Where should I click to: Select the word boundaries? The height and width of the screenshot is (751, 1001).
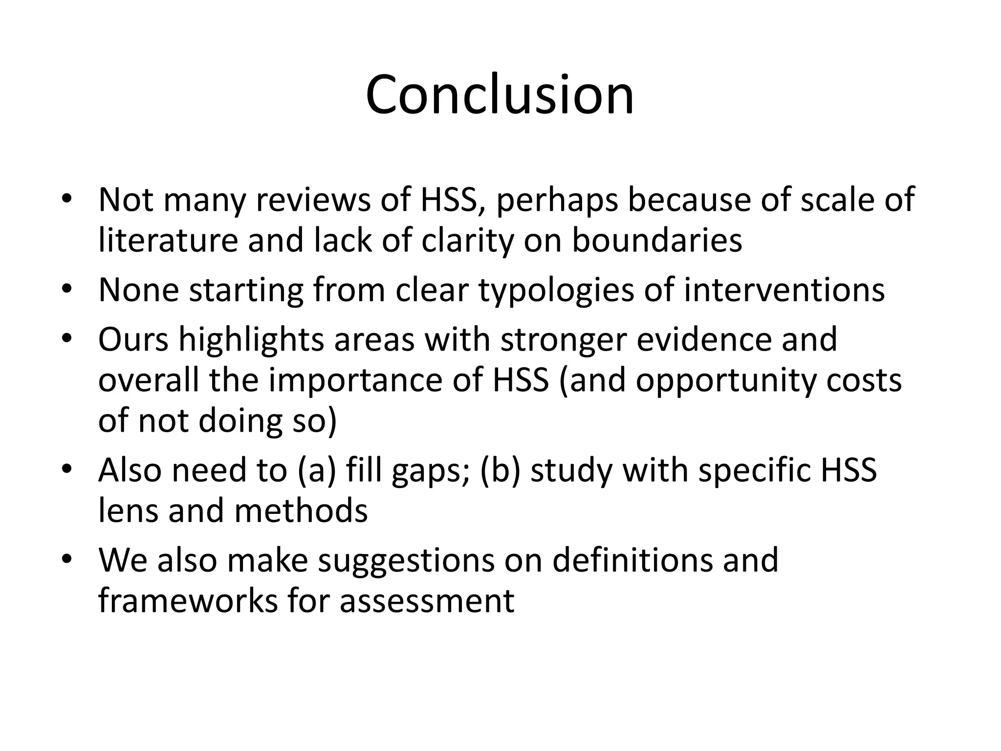click(x=657, y=240)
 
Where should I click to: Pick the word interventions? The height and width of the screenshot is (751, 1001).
click(x=784, y=290)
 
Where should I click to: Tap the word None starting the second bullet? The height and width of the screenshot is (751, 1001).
click(x=138, y=290)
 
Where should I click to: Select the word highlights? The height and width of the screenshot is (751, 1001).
click(x=251, y=339)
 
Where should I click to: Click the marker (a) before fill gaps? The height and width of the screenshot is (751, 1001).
click(x=316, y=470)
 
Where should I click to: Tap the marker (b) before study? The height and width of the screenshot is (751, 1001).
click(x=500, y=470)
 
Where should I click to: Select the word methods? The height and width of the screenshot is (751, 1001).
click(x=301, y=510)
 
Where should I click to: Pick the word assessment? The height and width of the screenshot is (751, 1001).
click(x=427, y=600)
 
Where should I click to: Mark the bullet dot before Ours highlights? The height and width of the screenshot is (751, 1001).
click(x=67, y=339)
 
